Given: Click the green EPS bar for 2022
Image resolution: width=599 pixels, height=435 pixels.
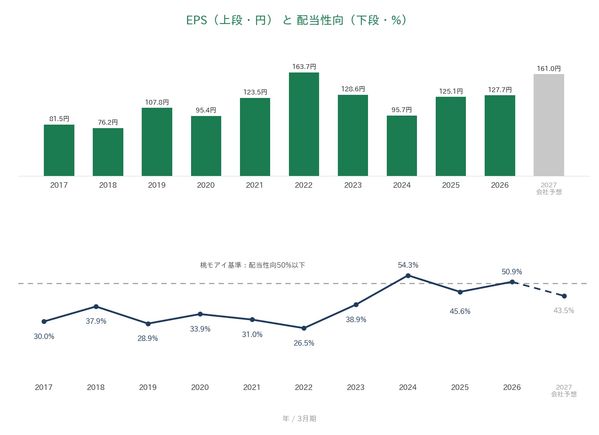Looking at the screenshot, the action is click(x=304, y=124).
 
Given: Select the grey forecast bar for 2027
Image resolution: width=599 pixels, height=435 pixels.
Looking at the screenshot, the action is click(x=549, y=125).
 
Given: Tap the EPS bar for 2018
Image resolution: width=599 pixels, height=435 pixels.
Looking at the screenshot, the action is click(x=108, y=152).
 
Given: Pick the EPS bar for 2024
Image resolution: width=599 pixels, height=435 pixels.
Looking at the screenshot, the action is click(x=402, y=146).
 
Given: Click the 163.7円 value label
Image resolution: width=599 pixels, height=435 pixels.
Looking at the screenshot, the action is click(x=304, y=67).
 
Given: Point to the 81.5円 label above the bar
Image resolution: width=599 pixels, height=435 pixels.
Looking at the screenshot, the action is click(x=59, y=119).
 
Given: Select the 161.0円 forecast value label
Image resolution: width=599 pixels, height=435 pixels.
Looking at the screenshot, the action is click(x=549, y=69).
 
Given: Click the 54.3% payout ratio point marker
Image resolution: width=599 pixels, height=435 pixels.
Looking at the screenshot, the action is click(x=408, y=276).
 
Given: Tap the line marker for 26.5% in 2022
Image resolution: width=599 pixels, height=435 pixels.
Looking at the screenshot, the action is click(x=304, y=328).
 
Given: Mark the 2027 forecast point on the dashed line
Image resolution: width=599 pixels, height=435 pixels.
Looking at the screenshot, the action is click(x=564, y=296).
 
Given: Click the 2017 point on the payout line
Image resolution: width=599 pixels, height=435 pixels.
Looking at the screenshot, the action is click(x=44, y=321).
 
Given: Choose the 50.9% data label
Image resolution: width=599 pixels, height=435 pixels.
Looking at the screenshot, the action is click(x=512, y=272).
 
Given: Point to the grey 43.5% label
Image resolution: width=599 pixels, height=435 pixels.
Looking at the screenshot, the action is click(x=564, y=310).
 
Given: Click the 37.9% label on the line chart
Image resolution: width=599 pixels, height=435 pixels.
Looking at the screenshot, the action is click(x=96, y=321).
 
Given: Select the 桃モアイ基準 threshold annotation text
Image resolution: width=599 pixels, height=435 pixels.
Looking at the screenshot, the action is click(x=253, y=265).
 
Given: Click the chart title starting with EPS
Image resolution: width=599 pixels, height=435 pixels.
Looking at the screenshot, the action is click(x=296, y=20).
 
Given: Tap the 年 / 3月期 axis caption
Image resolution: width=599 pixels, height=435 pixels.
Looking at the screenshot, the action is click(x=299, y=419).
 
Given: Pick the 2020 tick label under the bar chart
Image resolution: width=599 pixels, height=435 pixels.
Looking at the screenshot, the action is click(x=206, y=185).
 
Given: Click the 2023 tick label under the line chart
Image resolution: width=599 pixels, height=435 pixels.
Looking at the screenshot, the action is click(x=355, y=387).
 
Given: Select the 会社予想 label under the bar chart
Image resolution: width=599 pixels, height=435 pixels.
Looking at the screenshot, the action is click(x=549, y=192).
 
